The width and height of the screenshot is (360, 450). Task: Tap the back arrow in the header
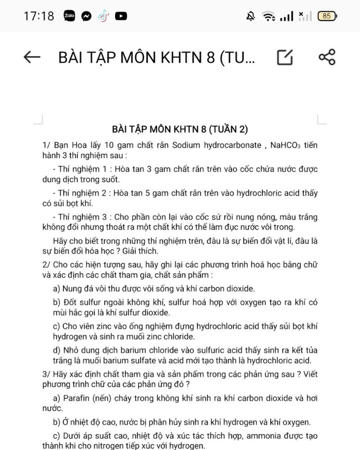coord(32,57)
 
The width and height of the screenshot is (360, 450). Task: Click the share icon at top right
coord(327,57)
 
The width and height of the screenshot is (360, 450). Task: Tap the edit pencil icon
coord(285,57)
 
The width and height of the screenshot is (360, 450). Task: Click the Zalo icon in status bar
coord(69,16)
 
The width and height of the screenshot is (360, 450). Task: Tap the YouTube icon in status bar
coord(121,16)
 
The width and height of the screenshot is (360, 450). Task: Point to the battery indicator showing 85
coord(327,16)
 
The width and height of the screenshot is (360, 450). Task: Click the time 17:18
coord(39,16)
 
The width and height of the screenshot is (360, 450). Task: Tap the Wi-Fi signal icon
coord(269,16)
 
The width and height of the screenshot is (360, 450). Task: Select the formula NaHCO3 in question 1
coord(285,145)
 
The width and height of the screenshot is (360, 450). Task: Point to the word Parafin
coord(76,398)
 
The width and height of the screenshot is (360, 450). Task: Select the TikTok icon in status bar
coord(103,16)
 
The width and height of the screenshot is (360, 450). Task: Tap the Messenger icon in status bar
coord(86,16)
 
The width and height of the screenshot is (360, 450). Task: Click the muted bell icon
coord(250,16)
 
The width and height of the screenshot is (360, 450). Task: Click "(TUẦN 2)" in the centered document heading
coord(229,129)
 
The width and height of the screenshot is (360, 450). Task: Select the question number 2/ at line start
coord(47,265)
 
